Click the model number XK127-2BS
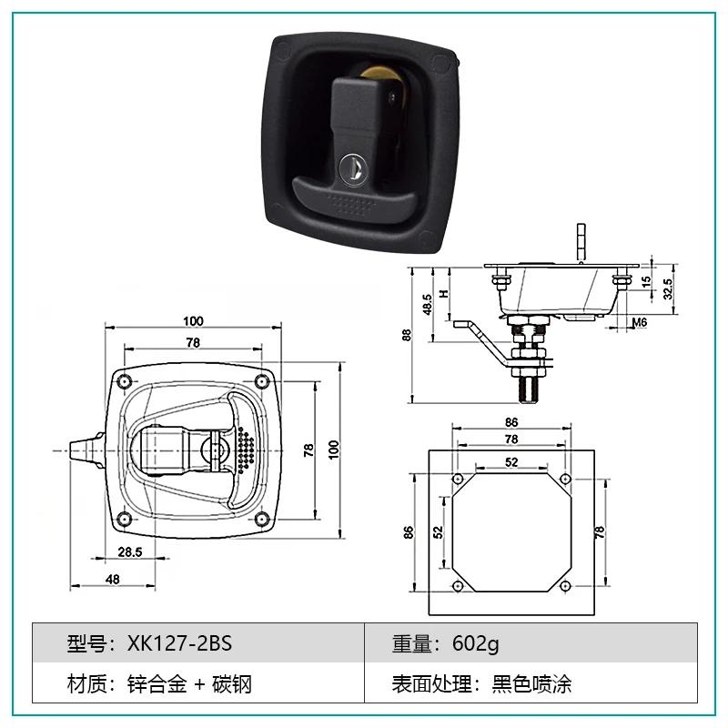point(179,643)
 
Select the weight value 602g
point(475,644)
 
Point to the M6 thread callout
point(640,322)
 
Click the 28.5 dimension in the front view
point(130,552)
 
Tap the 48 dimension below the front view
point(112,580)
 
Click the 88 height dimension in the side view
point(407,335)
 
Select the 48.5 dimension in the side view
point(428,305)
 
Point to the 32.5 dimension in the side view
point(668,288)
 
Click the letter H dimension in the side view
point(445,293)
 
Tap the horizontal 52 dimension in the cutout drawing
point(511,462)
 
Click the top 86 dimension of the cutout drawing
point(511,422)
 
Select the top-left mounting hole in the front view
point(124,382)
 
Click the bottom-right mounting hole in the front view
point(262,519)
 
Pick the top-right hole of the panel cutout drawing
point(565,479)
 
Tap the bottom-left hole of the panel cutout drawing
point(458,586)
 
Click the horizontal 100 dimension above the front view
point(193,321)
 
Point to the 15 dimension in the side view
point(646,281)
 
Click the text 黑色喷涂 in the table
point(531,684)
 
